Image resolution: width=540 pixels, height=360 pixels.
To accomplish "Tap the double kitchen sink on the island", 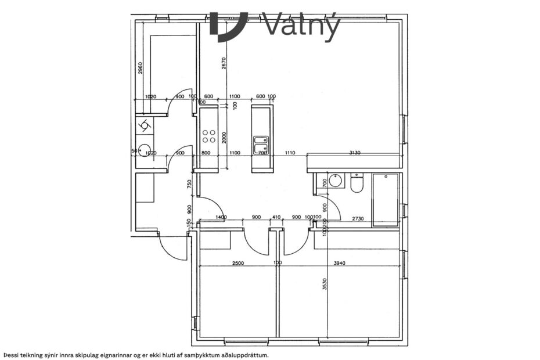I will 261,140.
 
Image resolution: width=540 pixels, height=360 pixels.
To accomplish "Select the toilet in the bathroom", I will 357,183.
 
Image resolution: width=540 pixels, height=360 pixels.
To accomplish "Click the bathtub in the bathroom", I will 386,200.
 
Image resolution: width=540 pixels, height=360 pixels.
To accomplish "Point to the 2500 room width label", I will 238,263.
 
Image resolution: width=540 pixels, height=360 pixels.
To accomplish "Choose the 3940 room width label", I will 339,263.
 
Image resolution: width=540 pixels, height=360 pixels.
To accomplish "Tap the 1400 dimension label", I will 221,217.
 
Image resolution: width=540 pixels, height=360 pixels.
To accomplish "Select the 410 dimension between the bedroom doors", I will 277,218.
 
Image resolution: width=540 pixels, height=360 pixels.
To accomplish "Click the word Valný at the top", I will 300,26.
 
